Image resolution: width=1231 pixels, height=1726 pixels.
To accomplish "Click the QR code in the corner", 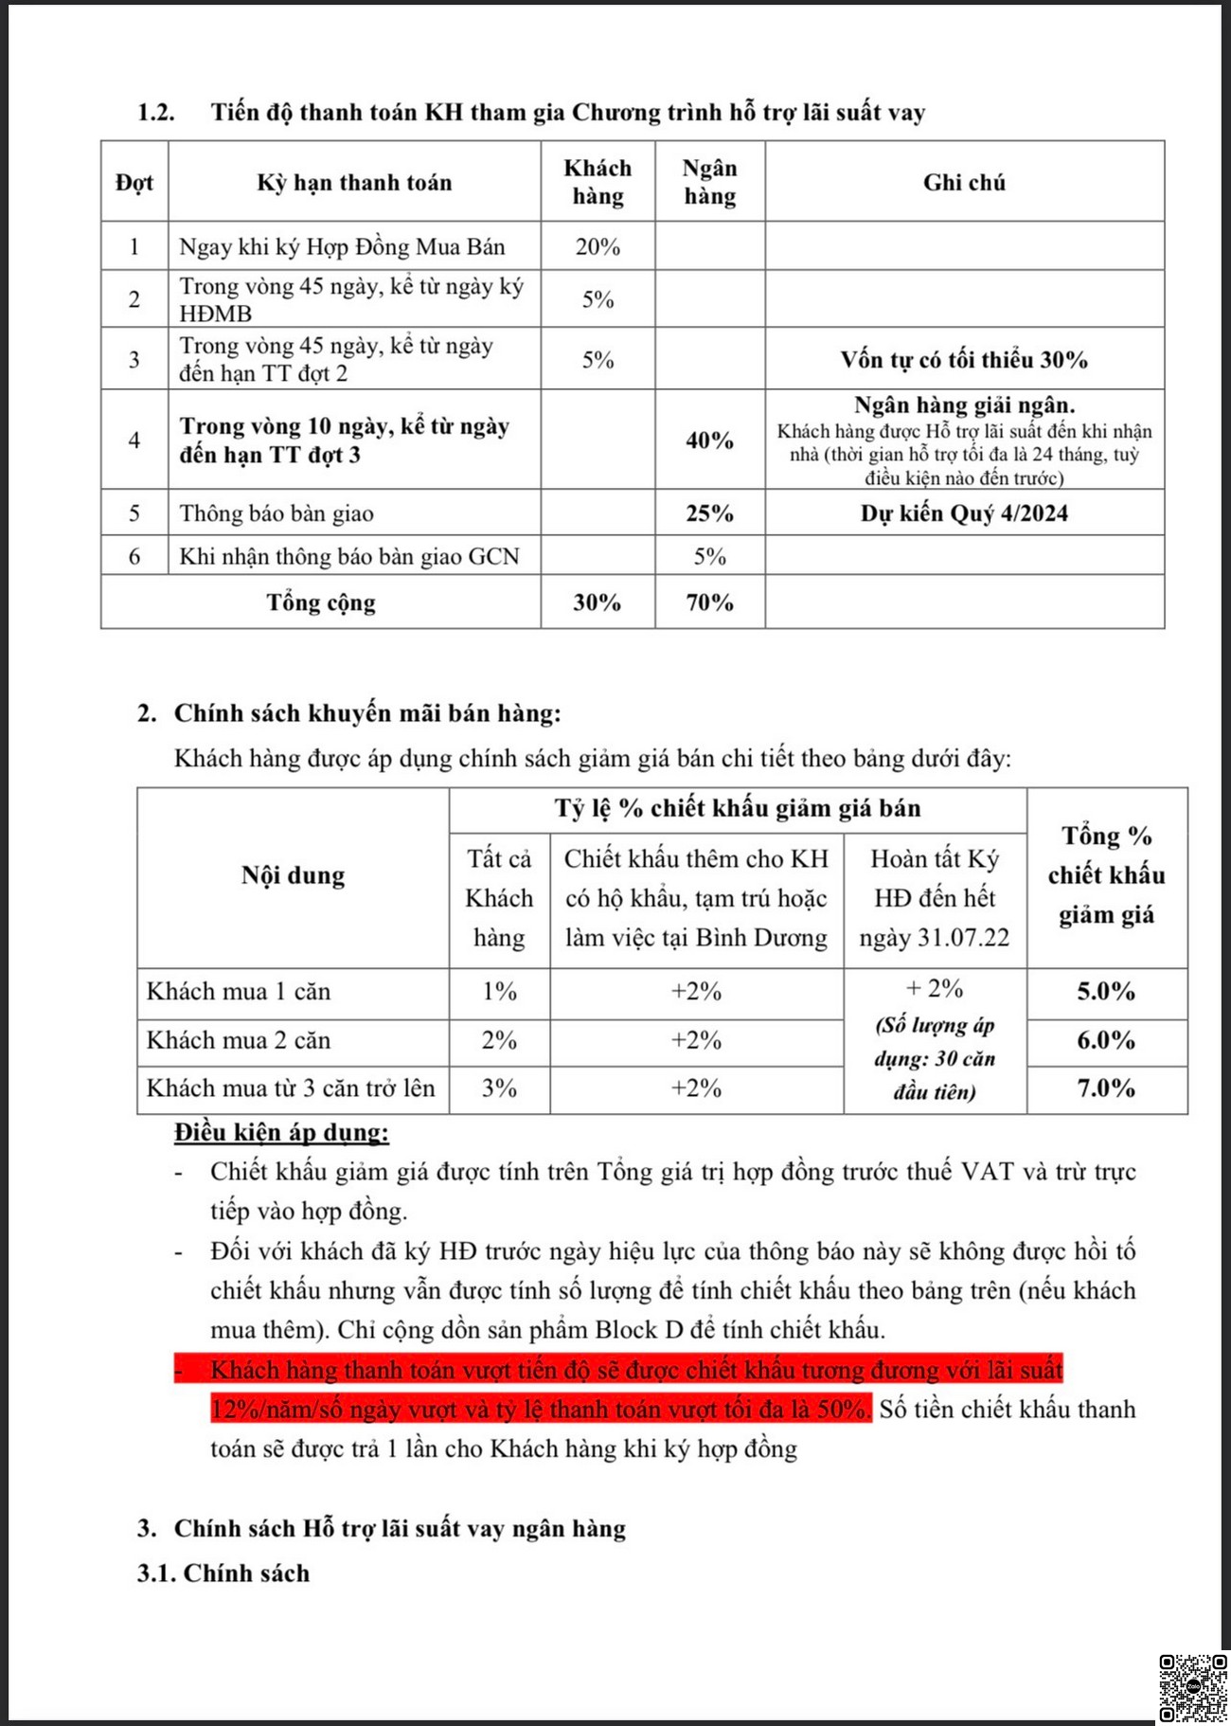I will point(1193,1688).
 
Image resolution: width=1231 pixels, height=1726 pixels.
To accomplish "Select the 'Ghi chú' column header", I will point(964,182).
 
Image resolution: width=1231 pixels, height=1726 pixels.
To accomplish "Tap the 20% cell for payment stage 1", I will point(598,246).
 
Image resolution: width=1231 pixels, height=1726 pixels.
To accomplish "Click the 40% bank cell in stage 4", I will point(709,440).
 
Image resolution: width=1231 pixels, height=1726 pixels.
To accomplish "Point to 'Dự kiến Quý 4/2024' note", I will point(964,513).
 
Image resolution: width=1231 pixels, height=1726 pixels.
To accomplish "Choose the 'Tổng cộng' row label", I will point(321,602).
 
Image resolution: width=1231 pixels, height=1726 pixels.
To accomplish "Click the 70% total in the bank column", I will point(709,602).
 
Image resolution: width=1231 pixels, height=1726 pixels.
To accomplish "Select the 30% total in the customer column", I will point(598,602).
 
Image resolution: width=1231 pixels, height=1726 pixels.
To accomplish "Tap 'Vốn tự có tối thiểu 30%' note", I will point(964,360).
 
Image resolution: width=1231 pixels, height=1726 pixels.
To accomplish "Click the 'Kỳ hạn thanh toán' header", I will point(354,182).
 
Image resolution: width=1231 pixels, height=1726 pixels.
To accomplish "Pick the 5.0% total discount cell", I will point(1106,992).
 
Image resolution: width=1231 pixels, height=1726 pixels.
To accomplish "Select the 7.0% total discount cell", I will point(1106,1088).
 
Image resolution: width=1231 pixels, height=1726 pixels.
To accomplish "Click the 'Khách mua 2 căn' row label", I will point(239,1040).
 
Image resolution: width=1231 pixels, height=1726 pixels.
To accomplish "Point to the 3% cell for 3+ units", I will point(499,1088).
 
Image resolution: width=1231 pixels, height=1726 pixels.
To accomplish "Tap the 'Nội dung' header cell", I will point(293,875).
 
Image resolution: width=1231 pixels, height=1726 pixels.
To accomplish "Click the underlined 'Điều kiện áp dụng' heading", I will point(281,1132).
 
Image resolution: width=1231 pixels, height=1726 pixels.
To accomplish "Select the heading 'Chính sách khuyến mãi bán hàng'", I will point(367,713).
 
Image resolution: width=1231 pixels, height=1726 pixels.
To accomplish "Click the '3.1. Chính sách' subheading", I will point(223,1573).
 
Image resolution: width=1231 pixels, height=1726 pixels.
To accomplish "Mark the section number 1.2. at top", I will point(156,113).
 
